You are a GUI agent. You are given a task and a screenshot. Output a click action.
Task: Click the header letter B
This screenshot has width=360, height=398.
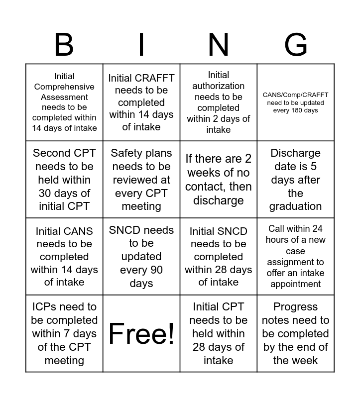[64, 45]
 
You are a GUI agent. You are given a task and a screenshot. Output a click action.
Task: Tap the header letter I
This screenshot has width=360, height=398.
[141, 45]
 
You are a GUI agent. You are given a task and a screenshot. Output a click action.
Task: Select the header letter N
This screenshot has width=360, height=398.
[219, 45]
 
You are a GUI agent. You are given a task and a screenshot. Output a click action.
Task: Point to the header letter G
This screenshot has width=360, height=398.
[296, 45]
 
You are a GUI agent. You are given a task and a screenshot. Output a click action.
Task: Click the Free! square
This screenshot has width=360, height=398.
[141, 333]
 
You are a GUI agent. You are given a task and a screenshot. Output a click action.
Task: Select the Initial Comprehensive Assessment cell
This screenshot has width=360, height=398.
[64, 102]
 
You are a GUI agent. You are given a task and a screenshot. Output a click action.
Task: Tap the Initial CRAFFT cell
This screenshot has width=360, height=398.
[141, 102]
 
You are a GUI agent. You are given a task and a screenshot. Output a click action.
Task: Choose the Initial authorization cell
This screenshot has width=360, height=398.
[219, 102]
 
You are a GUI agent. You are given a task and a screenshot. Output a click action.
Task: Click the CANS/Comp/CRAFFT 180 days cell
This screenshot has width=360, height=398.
[296, 102]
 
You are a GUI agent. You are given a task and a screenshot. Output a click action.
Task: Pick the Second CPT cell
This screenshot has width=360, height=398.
[64, 179]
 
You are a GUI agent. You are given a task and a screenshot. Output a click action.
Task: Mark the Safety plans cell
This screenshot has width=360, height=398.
[141, 179]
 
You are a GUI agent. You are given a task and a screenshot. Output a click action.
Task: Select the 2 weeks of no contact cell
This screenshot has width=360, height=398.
[219, 179]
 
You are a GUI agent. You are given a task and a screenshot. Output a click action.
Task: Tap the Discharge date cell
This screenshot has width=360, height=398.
[296, 179]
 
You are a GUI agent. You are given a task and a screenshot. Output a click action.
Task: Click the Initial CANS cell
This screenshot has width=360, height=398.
[64, 256]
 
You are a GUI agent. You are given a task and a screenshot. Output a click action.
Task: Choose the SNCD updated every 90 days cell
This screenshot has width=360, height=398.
[141, 256]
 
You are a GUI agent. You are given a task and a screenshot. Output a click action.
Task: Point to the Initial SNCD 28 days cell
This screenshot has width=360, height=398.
[219, 256]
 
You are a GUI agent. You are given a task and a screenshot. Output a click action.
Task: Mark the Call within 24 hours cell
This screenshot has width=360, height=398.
[296, 256]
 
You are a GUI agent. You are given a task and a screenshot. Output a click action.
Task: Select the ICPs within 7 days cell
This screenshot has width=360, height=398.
[64, 333]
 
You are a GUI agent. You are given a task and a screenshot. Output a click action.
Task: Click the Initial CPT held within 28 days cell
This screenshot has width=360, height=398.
[219, 333]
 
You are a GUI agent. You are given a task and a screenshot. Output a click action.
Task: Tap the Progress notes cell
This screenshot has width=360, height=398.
[296, 333]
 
